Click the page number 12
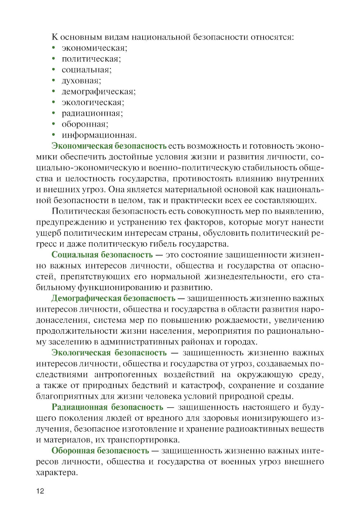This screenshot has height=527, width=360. pyautogui.click(x=40, y=491)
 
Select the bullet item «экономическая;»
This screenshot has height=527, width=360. pyautogui.click(x=94, y=48)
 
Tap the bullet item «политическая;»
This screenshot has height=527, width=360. pyautogui.click(x=91, y=59)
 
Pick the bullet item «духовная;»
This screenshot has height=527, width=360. pyautogui.click(x=81, y=81)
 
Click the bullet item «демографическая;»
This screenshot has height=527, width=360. pyautogui.click(x=99, y=91)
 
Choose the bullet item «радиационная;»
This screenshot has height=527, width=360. pyautogui.click(x=92, y=113)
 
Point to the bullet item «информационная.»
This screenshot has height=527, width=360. pyautogui.click(x=99, y=135)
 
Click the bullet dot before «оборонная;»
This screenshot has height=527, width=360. pyautogui.click(x=54, y=124)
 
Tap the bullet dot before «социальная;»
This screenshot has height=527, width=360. pyautogui.click(x=54, y=69)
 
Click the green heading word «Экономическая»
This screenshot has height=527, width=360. pyautogui.click(x=82, y=146)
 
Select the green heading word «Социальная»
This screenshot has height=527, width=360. pyautogui.click(x=75, y=255)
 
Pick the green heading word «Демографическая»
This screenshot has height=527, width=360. pyautogui.click(x=86, y=298)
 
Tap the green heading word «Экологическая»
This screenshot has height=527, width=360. pyautogui.click(x=81, y=353)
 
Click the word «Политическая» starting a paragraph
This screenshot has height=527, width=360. pyautogui.click(x=81, y=211)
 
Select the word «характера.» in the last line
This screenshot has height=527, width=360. pyautogui.click(x=57, y=473)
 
